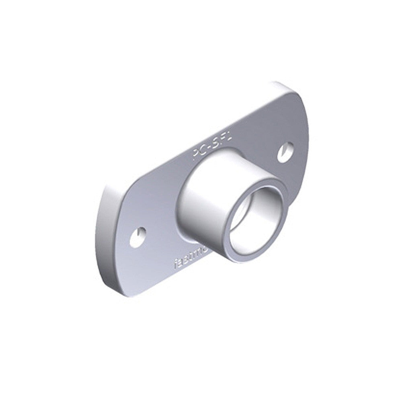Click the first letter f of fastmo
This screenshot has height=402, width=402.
[x=175, y=265]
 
